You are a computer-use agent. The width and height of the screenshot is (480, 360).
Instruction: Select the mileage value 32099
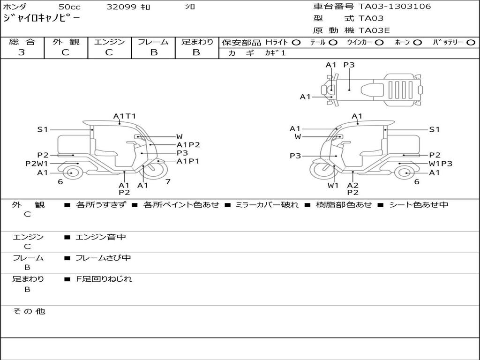pyautogui.click(x=121, y=7)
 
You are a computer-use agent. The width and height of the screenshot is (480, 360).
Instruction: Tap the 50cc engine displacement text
pyautogui.click(x=69, y=7)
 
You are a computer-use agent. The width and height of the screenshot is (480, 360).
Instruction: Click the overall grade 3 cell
pyautogui.click(x=22, y=52)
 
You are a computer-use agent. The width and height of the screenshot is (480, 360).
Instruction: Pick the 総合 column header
pyautogui.click(x=22, y=42)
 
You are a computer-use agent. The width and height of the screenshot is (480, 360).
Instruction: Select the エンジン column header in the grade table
pyautogui.click(x=109, y=42)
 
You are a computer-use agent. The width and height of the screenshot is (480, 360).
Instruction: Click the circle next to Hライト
pyautogui.click(x=296, y=43)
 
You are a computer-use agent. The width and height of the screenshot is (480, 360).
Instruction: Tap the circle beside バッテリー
pyautogui.click(x=471, y=43)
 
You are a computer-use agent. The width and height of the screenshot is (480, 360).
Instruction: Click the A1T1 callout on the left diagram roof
pyautogui.click(x=125, y=116)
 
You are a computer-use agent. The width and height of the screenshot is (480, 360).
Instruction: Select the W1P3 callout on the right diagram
pyautogui.click(x=441, y=164)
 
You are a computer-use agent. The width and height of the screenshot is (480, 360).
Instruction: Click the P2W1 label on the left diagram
pyautogui.click(x=37, y=164)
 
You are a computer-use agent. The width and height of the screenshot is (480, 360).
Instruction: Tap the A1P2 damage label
pyautogui.click(x=188, y=145)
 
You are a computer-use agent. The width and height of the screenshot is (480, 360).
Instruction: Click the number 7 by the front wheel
pyautogui.click(x=167, y=181)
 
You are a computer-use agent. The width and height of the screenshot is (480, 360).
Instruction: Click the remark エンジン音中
pyautogui.click(x=101, y=237)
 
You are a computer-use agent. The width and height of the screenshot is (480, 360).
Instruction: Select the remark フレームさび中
pyautogui.click(x=103, y=258)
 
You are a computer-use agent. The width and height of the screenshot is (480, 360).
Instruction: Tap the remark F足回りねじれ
pyautogui.click(x=104, y=279)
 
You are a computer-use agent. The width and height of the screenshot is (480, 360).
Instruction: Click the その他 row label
pyautogui.click(x=29, y=311)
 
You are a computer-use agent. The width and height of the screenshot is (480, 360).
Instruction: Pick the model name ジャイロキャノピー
pyautogui.click(x=41, y=19)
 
